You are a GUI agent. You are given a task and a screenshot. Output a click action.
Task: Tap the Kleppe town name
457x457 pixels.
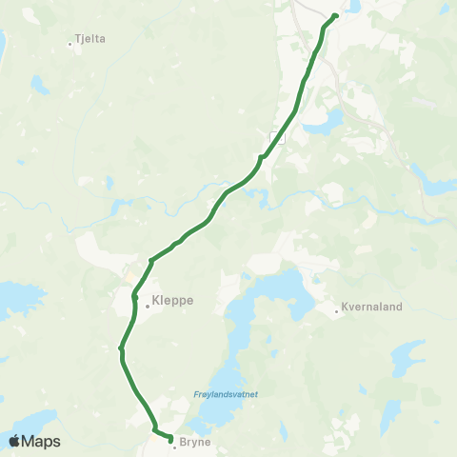click(x=172, y=300)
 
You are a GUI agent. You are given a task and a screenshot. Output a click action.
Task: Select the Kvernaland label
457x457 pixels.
click(x=372, y=308)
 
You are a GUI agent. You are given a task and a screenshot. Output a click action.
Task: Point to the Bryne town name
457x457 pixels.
click(x=195, y=444)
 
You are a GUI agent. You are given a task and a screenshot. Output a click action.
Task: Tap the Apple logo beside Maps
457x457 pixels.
click(x=14, y=441)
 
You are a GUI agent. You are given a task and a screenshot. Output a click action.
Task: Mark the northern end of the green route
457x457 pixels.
click(x=335, y=16)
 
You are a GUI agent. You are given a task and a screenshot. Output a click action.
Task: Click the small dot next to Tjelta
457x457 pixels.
click(x=72, y=43)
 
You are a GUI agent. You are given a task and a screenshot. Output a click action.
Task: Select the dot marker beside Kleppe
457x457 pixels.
click(x=148, y=306)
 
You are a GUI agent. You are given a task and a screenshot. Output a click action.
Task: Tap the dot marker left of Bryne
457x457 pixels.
click(x=175, y=447)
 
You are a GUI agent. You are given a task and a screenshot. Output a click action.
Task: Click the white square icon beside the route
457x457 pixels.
click(x=277, y=138)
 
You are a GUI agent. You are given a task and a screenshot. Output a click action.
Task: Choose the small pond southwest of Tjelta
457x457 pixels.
click(x=40, y=86)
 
